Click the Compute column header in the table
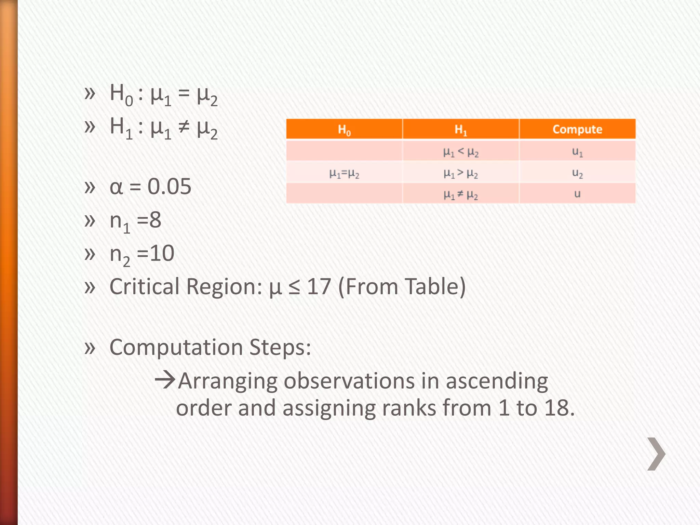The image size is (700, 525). tap(577, 129)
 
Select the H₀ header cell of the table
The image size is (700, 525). tap(344, 130)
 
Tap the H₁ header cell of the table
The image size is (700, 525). tap(461, 130)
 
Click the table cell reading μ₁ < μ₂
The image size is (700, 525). tap(461, 152)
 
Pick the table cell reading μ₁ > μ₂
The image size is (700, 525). tap(461, 173)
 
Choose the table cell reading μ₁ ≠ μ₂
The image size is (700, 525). tap(461, 194)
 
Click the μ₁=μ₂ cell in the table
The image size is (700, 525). tap(344, 174)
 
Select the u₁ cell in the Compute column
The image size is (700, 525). tap(577, 151)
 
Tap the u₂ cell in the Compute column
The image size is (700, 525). tap(577, 173)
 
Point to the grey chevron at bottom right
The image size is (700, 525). tap(656, 454)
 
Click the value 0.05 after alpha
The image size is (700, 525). tap(169, 187)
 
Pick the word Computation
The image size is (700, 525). tap(176, 348)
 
